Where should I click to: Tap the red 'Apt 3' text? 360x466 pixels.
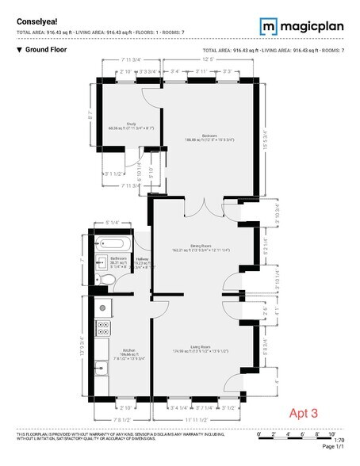pyautogui.click(x=304, y=413)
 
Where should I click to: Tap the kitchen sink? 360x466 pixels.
pyautogui.click(x=101, y=367)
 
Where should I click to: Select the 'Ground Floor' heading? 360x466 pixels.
pyautogui.click(x=44, y=50)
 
